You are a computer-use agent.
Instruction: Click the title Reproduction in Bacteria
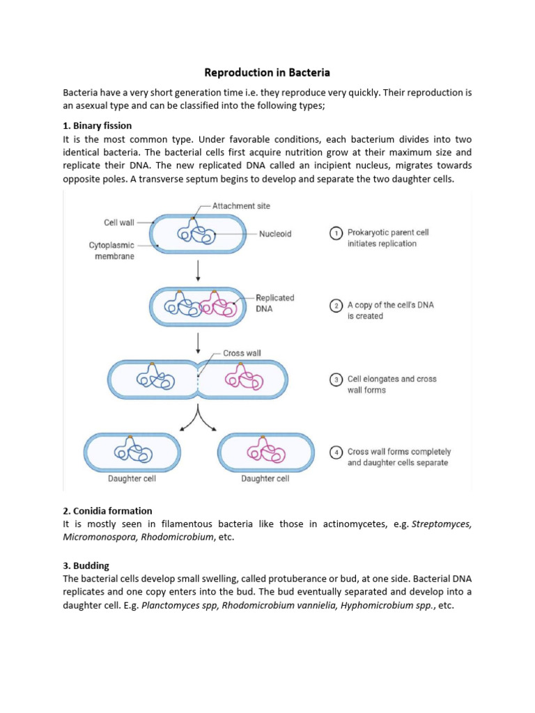click(x=267, y=72)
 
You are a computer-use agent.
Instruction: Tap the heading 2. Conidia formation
click(x=107, y=510)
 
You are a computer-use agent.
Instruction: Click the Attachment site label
click(x=242, y=206)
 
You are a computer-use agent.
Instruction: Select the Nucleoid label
click(x=275, y=234)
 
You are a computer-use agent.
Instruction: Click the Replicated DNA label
click(x=274, y=303)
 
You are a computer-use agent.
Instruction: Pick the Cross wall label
click(x=242, y=353)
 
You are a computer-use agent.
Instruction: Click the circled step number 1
click(x=335, y=234)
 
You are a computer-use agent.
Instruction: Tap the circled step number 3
click(x=335, y=380)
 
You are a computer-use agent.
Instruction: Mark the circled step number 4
click(x=335, y=453)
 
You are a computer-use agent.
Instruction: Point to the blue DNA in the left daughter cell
click(x=133, y=452)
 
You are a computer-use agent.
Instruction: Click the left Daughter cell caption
click(x=131, y=479)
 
